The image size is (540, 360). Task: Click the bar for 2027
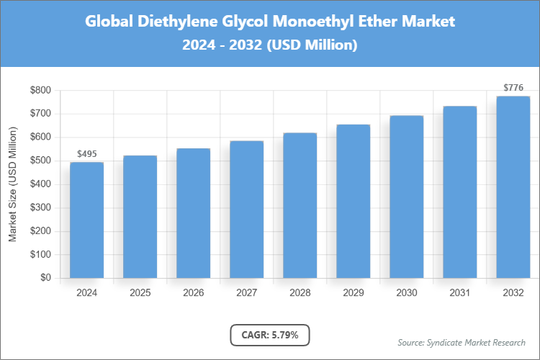(246, 210)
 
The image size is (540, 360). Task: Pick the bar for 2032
(513, 187)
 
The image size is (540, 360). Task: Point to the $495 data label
(86, 154)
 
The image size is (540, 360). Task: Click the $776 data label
(513, 88)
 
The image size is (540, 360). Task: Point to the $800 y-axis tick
(40, 90)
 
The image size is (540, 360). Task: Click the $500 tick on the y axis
(40, 161)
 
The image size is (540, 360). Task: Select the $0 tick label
(45, 278)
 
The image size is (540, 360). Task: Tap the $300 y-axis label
(40, 207)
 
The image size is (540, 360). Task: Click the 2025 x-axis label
(140, 293)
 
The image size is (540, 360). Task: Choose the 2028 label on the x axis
(300, 293)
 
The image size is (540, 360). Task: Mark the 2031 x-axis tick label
(459, 293)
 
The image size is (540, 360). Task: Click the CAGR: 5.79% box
(270, 335)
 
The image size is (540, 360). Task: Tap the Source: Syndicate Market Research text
(462, 342)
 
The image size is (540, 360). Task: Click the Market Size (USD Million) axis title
(12, 184)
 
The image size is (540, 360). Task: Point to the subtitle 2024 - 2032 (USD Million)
(270, 45)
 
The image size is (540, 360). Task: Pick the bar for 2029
(353, 201)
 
